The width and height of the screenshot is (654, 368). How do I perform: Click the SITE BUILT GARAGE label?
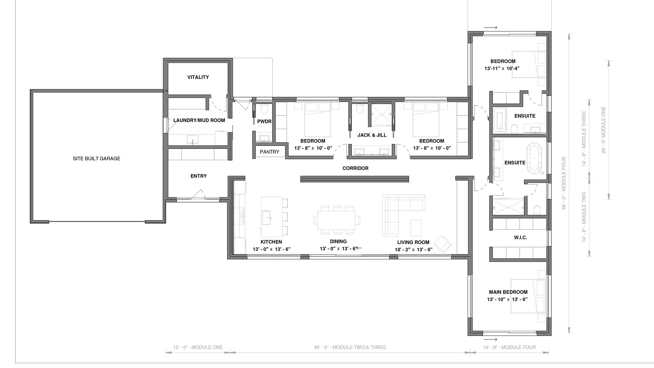tap(96, 159)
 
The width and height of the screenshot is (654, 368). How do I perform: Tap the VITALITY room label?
tap(198, 77)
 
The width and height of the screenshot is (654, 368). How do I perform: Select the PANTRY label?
tap(269, 152)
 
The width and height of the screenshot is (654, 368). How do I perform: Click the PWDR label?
tap(264, 121)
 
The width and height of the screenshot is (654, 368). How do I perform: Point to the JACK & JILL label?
tap(372, 135)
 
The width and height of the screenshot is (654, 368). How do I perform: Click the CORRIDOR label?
tap(355, 168)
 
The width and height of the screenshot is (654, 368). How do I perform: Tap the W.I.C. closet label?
tap(521, 237)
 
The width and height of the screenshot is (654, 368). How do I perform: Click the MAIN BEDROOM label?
tap(508, 292)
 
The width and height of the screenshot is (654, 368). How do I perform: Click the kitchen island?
tap(272, 217)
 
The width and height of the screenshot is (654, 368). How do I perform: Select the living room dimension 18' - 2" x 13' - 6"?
tap(413, 250)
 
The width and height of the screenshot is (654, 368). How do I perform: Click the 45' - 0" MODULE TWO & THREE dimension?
tap(350, 347)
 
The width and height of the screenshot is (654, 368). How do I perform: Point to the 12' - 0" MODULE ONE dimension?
tap(198, 347)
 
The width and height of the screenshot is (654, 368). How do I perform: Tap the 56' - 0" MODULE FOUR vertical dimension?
tap(564, 183)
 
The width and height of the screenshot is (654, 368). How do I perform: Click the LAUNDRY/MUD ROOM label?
tap(199, 120)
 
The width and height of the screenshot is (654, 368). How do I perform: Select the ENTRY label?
tap(198, 176)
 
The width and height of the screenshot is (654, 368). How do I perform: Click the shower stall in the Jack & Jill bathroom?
tap(381, 114)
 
